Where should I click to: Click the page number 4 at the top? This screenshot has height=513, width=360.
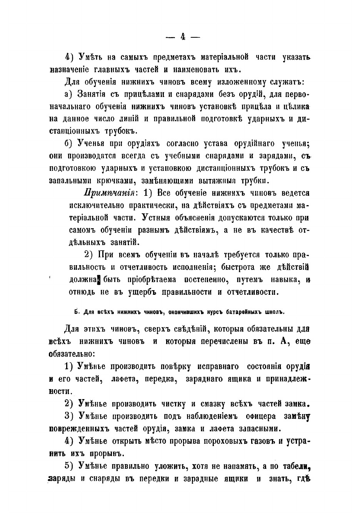(182, 37)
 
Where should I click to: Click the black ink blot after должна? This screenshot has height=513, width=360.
(99, 279)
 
